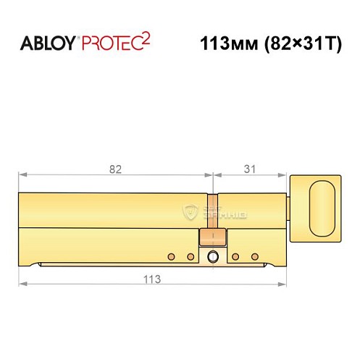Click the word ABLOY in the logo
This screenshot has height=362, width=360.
click(x=46, y=43)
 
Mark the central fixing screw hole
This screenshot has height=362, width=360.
click(x=212, y=257)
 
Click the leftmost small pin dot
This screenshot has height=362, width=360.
click(x=171, y=256)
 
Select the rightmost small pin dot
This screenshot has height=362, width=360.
click(x=254, y=256)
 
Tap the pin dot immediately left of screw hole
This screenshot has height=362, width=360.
click(x=190, y=256)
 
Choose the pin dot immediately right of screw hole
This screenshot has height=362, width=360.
click(x=235, y=256)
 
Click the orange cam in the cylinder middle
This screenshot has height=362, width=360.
click(x=212, y=237)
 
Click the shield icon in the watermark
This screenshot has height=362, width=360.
click(x=191, y=211)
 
